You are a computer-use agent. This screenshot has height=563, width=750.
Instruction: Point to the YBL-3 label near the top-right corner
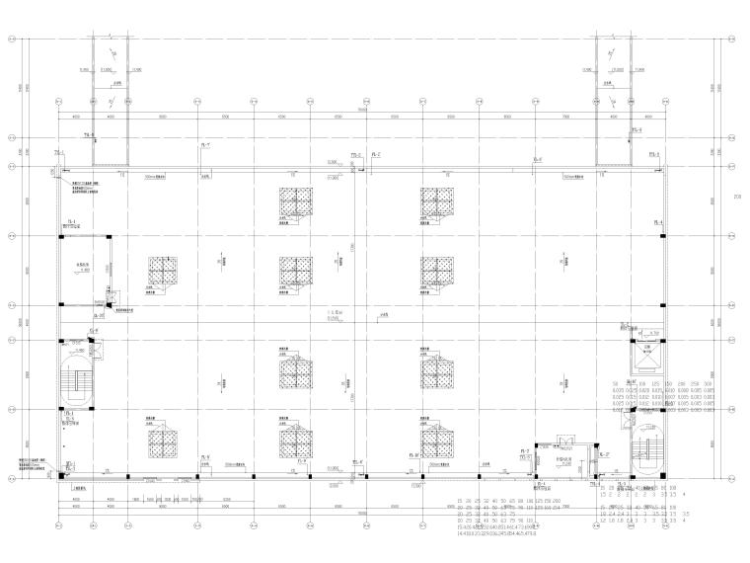(x=654, y=156)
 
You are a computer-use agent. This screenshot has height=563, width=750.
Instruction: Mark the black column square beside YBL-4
(x=662, y=236)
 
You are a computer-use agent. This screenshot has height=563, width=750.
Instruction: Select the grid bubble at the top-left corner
(x=12, y=40)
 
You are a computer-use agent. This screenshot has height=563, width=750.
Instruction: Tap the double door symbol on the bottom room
(x=564, y=441)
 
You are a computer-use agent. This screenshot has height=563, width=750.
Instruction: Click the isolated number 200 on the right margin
(x=736, y=197)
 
